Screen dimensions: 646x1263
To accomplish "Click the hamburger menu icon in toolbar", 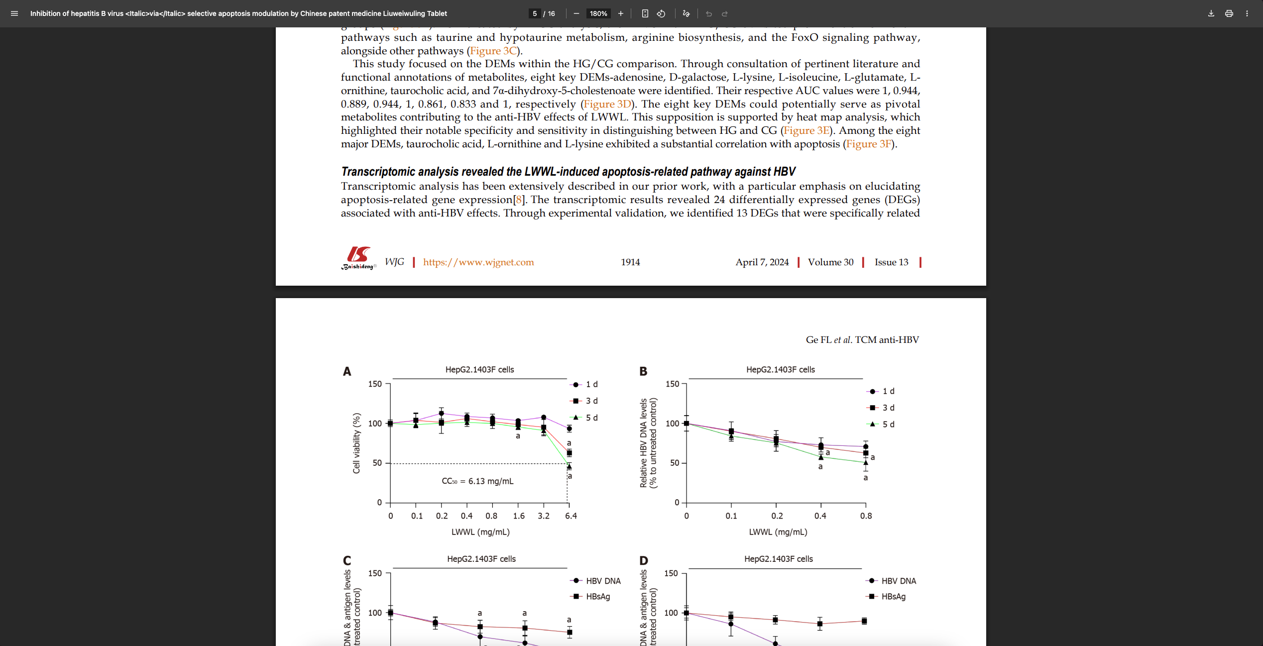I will point(14,13).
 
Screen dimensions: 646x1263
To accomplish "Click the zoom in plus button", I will point(620,13).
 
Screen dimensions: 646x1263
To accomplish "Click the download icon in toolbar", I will point(1211,13).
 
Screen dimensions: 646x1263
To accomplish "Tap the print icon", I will point(1229,13).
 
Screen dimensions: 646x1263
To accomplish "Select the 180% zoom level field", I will point(598,13).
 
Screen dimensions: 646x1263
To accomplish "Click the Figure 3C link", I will point(493,51).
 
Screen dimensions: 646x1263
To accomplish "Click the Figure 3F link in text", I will point(868,144).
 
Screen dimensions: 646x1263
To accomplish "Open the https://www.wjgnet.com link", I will point(478,262).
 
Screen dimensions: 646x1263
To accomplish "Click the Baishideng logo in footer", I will point(358,258).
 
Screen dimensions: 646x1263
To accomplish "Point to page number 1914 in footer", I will point(630,262).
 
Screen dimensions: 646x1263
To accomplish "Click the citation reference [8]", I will point(519,200).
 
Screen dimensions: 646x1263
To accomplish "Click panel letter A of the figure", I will point(347,371).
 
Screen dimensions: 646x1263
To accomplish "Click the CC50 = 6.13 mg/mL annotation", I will point(477,481).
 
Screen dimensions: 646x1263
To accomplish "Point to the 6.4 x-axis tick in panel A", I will point(571,516).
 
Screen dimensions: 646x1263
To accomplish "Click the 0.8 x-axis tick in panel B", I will point(866,516).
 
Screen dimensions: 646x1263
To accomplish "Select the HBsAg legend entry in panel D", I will point(893,596).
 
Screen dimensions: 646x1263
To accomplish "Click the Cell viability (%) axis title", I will point(356,443).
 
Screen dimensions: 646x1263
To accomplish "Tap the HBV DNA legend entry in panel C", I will point(602,581).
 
